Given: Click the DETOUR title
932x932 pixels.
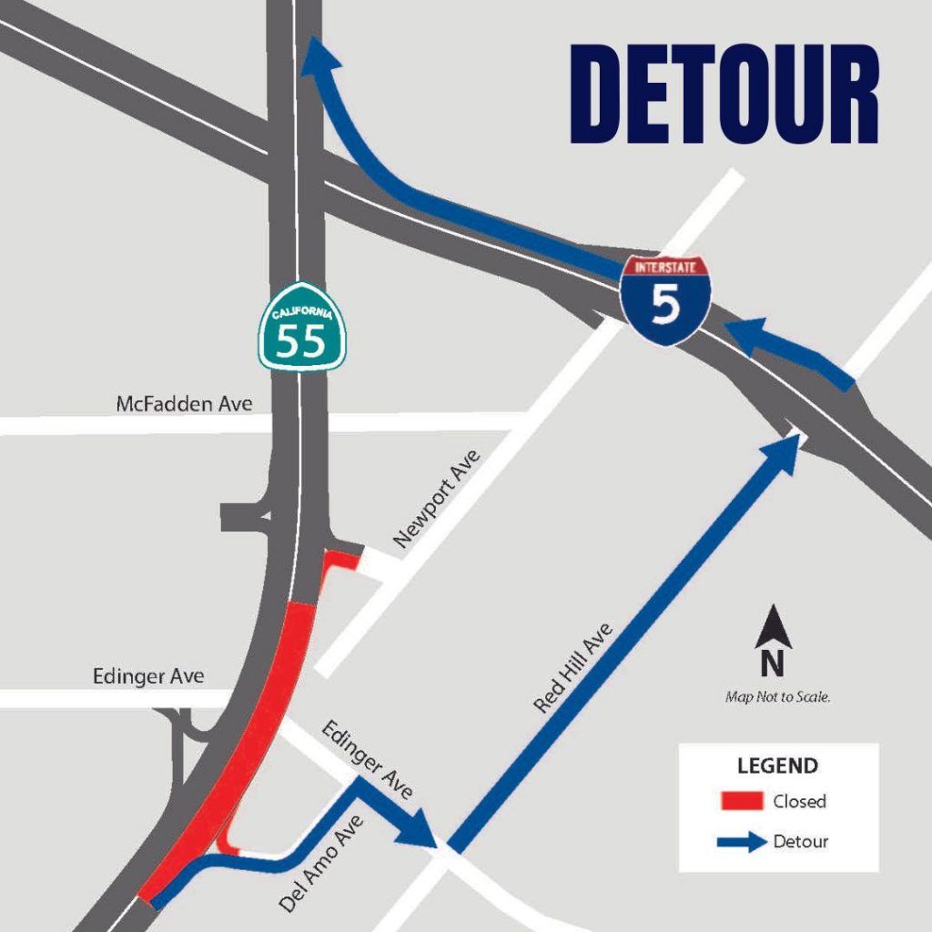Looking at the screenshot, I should point(724,94).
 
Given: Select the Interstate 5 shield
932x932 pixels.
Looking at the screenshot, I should point(665,298).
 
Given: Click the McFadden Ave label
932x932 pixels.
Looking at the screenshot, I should point(185,403).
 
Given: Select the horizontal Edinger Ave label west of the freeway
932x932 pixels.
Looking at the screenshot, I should point(148,676).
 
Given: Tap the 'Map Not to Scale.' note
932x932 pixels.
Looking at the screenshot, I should point(778,697).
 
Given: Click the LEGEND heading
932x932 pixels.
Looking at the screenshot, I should point(777,765).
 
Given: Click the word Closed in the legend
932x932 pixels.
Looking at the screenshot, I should point(799,801).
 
